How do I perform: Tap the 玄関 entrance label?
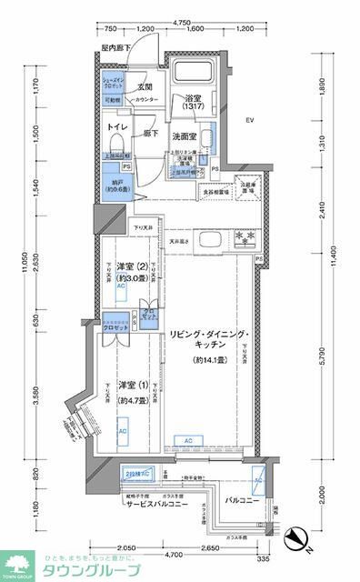[x=144, y=87]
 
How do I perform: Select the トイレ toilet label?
[x=115, y=127]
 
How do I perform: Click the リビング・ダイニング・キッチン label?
[x=209, y=346]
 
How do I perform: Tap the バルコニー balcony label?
[x=240, y=499]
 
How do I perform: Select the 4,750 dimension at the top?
[x=183, y=20]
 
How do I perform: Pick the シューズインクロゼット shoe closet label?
[x=112, y=82]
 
